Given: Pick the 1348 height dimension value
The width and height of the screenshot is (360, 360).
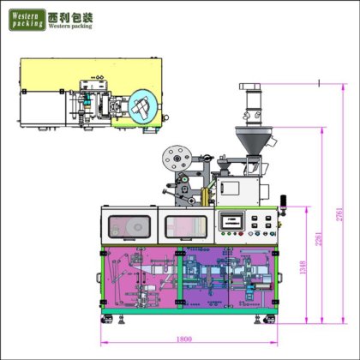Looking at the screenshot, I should coord(302,267).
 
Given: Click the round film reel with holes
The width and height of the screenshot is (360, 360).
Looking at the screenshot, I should coord(177,158).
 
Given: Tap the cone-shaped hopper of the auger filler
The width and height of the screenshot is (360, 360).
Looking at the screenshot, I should coord(255,137).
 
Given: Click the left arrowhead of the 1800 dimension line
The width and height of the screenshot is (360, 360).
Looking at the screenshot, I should coord(103,344).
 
